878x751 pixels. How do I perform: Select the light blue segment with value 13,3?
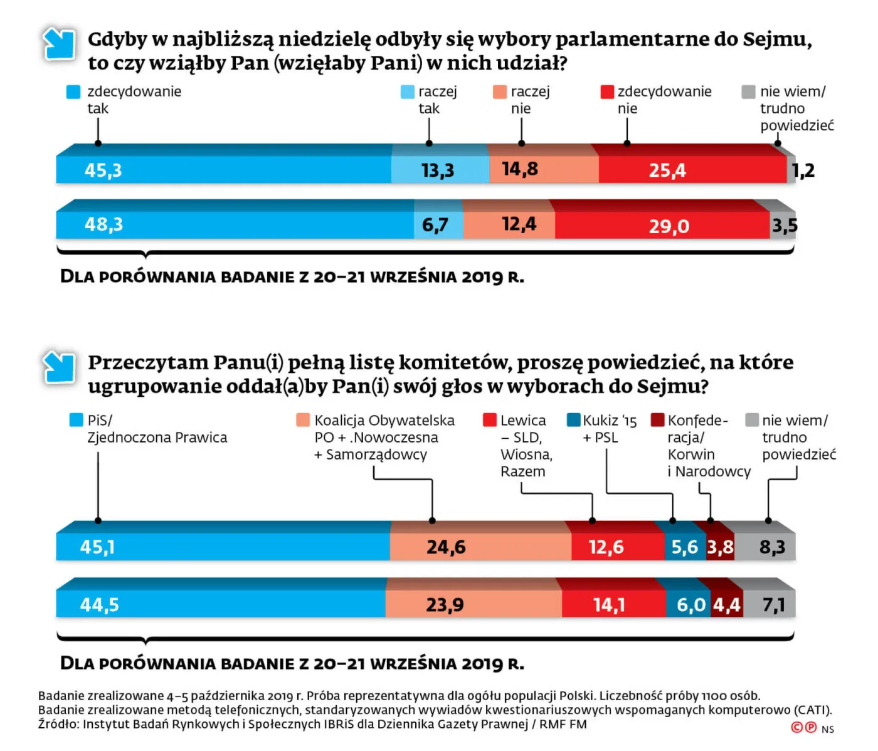pyautogui.click(x=439, y=169)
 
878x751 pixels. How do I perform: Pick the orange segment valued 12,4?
pyautogui.click(x=509, y=224)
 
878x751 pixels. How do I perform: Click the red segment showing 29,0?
pyautogui.click(x=662, y=225)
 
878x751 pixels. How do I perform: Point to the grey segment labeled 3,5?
pyautogui.click(x=783, y=225)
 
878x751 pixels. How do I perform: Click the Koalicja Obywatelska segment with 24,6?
pyautogui.click(x=480, y=547)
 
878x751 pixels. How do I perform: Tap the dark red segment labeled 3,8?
pyautogui.click(x=720, y=547)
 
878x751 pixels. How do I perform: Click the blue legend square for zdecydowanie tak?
pyautogui.click(x=73, y=92)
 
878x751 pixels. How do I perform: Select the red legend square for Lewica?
pyautogui.click(x=490, y=420)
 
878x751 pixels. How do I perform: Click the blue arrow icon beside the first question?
pyautogui.click(x=59, y=44)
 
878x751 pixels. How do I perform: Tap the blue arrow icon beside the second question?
pyautogui.click(x=59, y=367)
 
